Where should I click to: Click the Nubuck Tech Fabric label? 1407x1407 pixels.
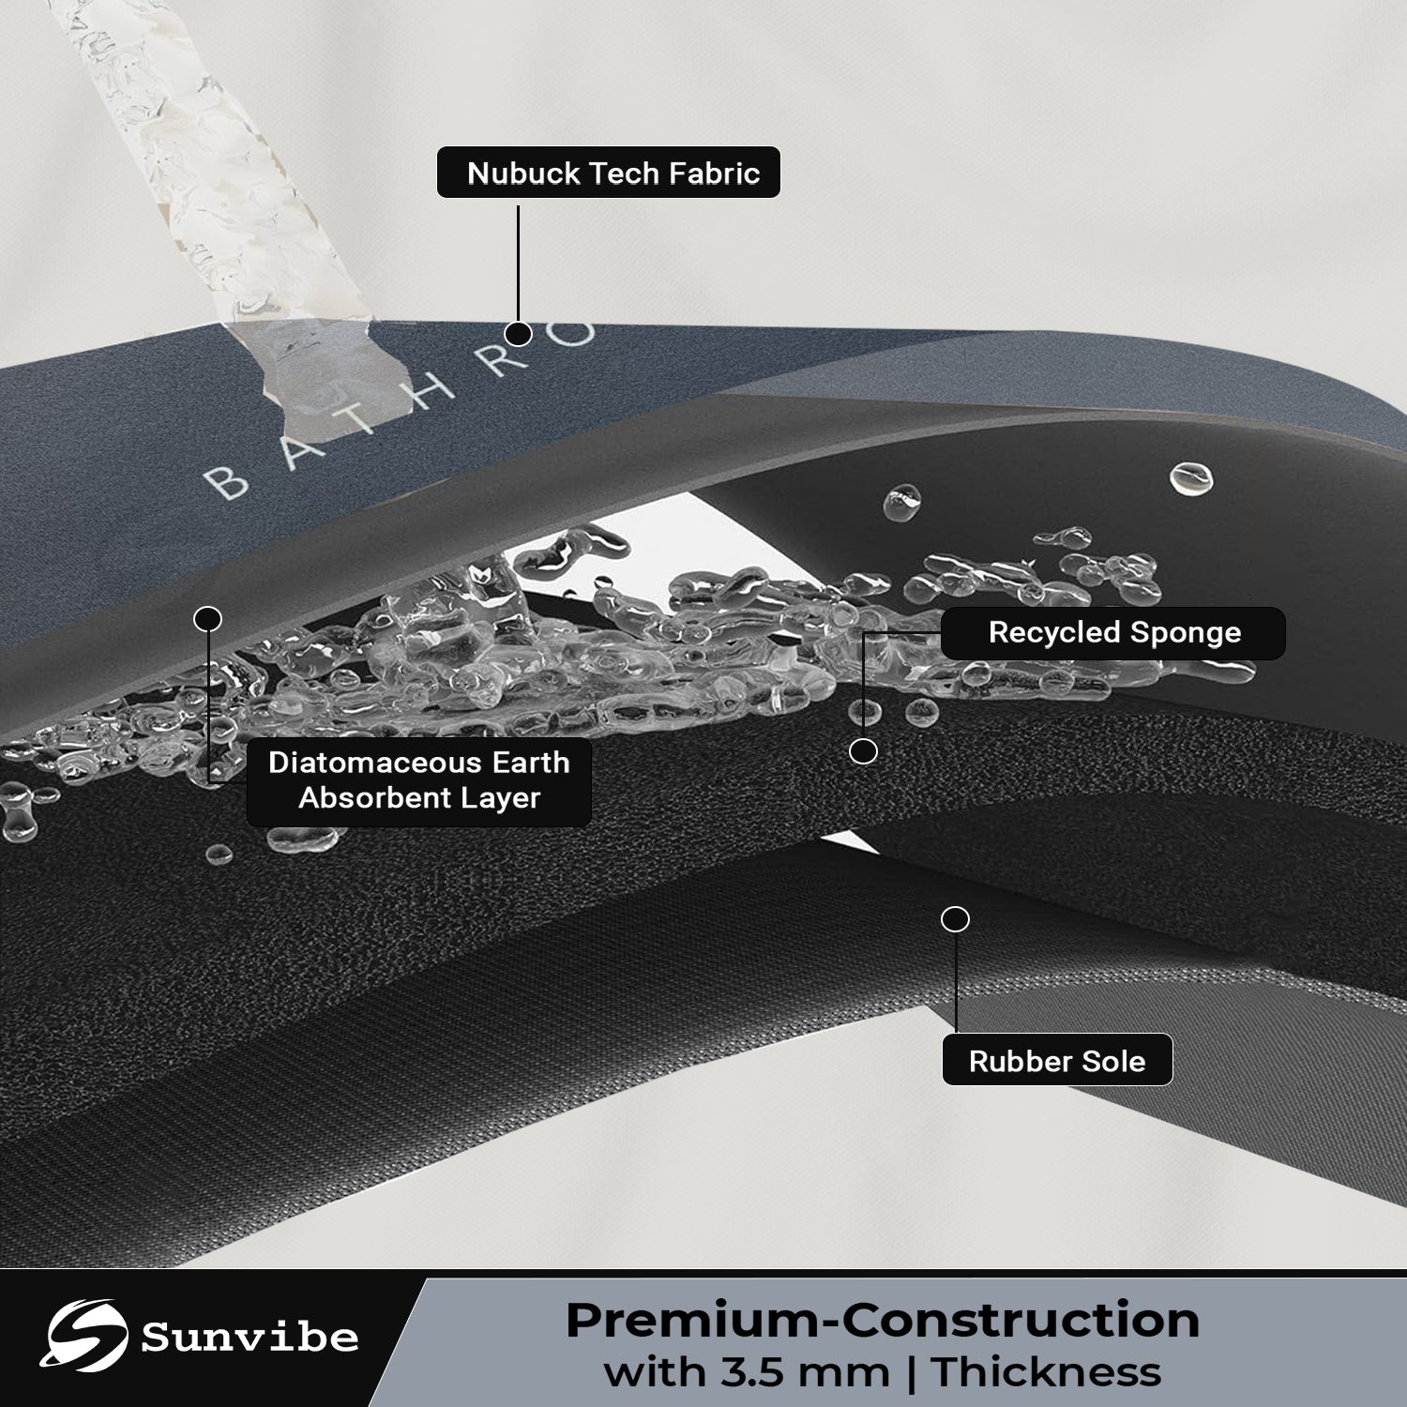[609, 173]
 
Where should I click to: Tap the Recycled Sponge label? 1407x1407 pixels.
[1113, 633]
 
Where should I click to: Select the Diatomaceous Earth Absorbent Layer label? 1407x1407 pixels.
[419, 780]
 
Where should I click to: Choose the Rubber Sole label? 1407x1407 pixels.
[1057, 1060]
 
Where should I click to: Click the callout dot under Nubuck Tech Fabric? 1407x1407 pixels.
[518, 333]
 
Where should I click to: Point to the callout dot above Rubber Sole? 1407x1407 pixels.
[955, 919]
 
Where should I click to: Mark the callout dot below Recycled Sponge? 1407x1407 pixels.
[863, 750]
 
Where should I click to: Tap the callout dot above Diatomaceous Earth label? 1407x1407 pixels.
[207, 619]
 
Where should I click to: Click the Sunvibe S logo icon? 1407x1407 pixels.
[87, 1336]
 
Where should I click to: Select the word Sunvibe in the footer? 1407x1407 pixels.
[250, 1338]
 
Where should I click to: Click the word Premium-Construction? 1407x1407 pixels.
[883, 1320]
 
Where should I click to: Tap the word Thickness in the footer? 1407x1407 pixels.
[1046, 1372]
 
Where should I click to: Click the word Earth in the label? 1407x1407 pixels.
[530, 763]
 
